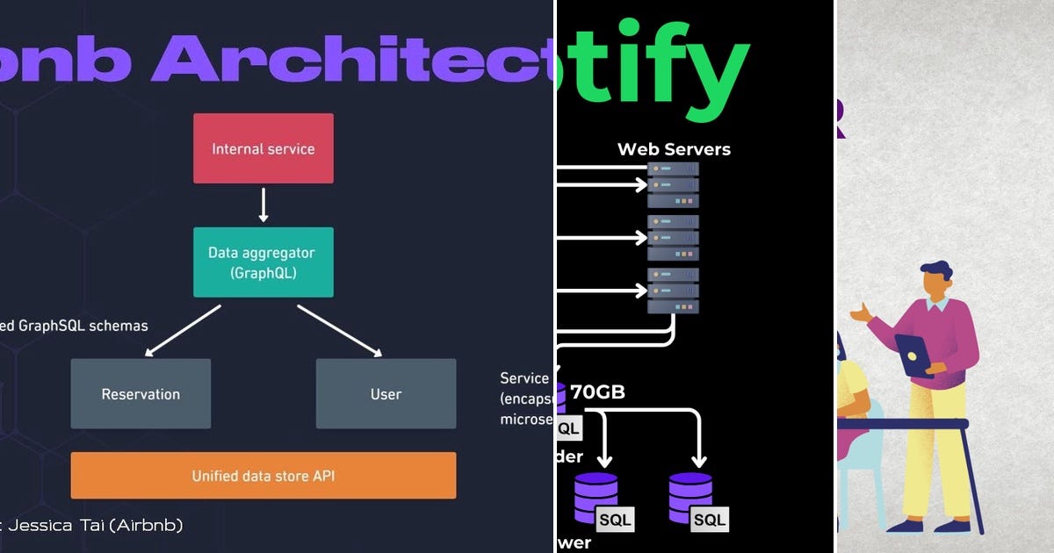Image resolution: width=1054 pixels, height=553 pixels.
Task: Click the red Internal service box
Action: click(263, 148)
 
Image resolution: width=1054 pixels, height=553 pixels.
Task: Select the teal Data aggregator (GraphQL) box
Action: click(263, 262)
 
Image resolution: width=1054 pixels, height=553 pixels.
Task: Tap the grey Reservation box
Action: click(141, 394)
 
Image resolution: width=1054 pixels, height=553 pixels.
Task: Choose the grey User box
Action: click(386, 394)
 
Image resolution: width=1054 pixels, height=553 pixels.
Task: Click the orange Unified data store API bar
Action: click(263, 476)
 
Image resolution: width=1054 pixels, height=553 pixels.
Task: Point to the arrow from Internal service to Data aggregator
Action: click(263, 205)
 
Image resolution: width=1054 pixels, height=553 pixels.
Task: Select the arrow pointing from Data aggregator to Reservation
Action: click(182, 331)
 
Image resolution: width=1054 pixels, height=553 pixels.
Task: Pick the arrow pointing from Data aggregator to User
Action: click(340, 331)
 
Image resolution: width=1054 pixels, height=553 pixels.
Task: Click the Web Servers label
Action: click(674, 149)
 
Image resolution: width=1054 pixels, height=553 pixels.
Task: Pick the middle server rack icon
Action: click(673, 237)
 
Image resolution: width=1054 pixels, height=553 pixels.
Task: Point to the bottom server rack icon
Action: click(673, 291)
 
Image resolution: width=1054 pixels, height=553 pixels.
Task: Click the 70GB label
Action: click(597, 392)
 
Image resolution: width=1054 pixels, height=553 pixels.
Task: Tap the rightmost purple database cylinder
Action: click(690, 497)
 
